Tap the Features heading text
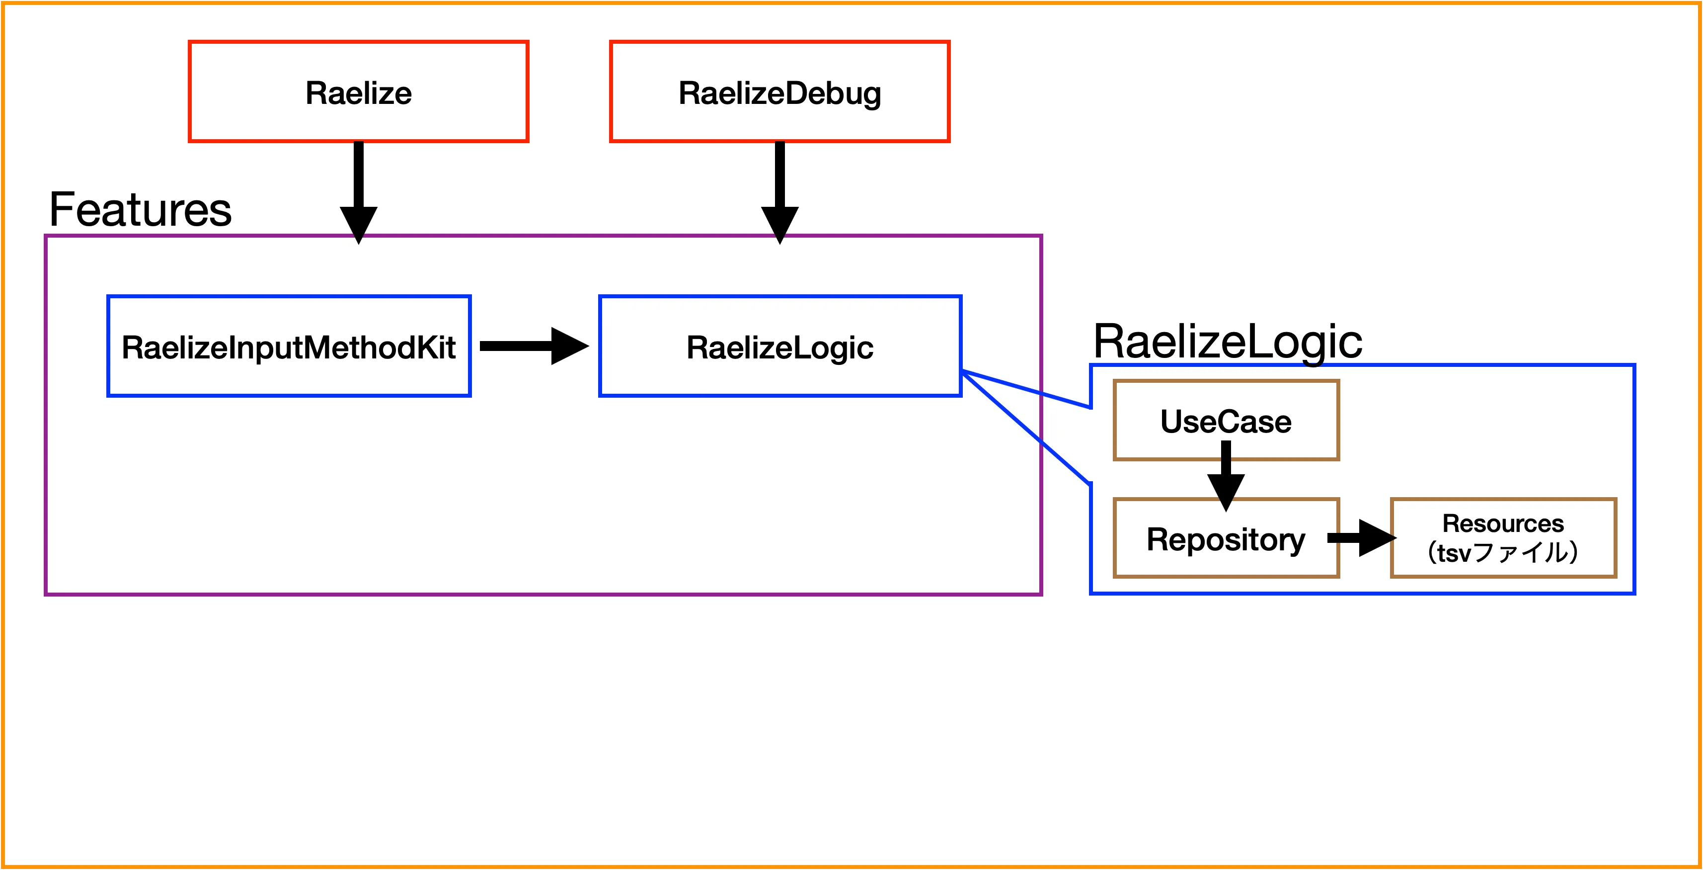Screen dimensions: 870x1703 140,210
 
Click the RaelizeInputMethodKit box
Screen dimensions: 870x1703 289,346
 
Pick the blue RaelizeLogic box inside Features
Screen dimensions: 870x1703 780,346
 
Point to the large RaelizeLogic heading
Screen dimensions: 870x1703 1228,342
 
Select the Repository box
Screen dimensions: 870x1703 1226,539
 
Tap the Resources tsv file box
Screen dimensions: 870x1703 1503,538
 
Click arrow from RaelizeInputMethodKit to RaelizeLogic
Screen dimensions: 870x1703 532,346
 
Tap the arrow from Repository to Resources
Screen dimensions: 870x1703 1361,538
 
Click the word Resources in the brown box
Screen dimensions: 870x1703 1503,523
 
